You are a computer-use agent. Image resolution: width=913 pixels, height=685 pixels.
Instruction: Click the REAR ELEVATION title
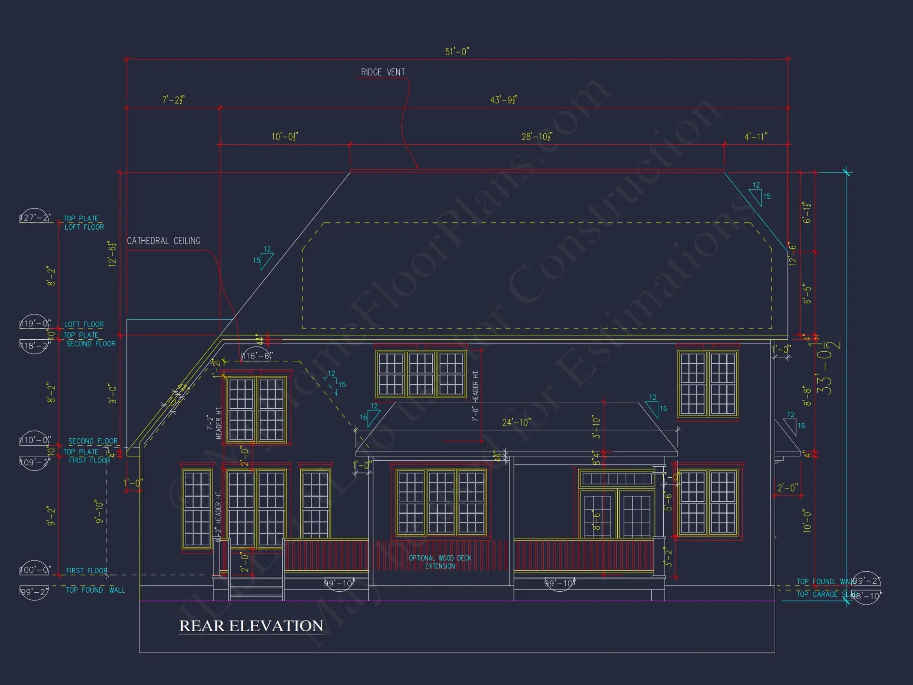tap(251, 626)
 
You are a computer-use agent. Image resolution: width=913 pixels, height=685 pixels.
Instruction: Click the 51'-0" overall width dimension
tap(457, 52)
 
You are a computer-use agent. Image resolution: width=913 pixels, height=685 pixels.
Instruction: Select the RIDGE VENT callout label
tap(383, 72)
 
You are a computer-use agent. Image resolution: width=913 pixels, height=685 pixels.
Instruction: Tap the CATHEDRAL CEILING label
tap(163, 241)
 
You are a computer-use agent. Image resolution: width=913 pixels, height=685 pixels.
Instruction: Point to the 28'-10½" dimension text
tap(537, 137)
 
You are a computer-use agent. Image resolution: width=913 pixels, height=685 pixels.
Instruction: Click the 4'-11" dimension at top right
tap(756, 137)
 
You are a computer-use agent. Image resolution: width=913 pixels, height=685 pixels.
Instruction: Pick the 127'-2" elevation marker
tap(35, 217)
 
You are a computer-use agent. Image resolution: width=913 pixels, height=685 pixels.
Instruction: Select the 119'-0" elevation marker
tap(35, 323)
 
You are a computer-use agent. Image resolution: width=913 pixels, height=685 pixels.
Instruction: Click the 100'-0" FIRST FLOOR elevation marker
tap(35, 569)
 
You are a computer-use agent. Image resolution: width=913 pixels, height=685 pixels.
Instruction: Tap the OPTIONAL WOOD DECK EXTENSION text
tap(440, 562)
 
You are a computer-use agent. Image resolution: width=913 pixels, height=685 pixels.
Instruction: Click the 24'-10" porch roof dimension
tap(516, 422)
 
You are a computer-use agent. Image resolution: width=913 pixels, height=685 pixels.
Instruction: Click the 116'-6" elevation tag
tap(257, 356)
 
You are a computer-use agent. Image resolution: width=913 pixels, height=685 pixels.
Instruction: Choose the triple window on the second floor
tap(421, 373)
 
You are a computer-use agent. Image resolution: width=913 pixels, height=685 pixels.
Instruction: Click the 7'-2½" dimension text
tap(173, 100)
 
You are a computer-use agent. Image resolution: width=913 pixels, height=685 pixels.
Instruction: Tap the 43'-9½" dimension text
tap(504, 100)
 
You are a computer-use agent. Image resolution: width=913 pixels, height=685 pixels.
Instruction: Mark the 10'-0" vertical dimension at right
tap(807, 521)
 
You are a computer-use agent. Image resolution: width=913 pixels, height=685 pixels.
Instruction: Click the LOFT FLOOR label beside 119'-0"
tap(84, 324)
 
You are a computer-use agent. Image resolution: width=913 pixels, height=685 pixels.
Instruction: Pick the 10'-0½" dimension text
tap(285, 137)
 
